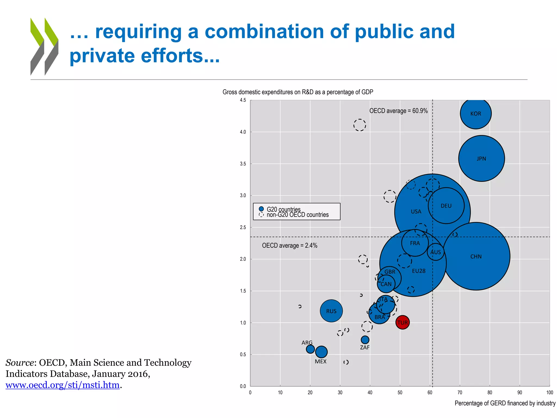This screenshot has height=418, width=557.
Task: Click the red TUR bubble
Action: click(402, 322)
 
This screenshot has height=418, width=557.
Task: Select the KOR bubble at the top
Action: click(476, 113)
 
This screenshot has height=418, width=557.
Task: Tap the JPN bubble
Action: click(481, 158)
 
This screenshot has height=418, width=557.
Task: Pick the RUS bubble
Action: click(331, 311)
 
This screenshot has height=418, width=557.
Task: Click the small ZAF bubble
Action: click(365, 340)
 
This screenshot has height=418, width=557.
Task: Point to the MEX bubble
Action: click(321, 352)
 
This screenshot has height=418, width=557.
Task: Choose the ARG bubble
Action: click(310, 349)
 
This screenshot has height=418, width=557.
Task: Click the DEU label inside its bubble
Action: click(446, 206)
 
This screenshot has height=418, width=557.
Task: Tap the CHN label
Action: click(476, 257)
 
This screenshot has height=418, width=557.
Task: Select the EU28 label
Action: click(419, 271)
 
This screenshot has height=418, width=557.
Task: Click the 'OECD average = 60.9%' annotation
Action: click(398, 111)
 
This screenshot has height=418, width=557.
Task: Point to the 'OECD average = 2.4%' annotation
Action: click(290, 245)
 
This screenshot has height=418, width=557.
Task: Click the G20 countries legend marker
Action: click(261, 209)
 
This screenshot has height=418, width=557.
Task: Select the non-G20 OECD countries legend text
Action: click(298, 215)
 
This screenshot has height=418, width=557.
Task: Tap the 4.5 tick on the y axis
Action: click(243, 100)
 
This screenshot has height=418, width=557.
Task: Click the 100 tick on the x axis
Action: click(549, 392)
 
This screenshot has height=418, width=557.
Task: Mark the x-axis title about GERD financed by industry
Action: click(505, 403)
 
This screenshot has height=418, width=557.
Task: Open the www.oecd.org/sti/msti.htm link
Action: click(63, 385)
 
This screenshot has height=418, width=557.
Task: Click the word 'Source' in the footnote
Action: click(20, 363)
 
